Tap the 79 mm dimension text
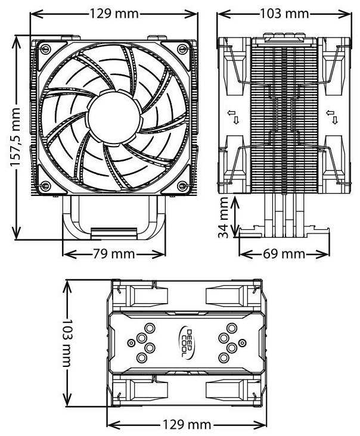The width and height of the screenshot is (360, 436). [x=114, y=254]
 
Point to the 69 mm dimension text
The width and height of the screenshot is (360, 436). [x=284, y=254]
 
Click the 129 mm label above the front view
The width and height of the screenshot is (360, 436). [x=114, y=12]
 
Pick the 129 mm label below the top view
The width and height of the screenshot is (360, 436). [x=185, y=425]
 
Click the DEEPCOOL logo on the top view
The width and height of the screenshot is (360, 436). [x=187, y=343]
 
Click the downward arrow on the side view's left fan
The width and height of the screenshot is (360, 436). [x=237, y=120]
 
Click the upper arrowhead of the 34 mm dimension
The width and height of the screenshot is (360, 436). [x=237, y=201]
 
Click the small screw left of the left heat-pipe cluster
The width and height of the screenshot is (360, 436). [x=129, y=342]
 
